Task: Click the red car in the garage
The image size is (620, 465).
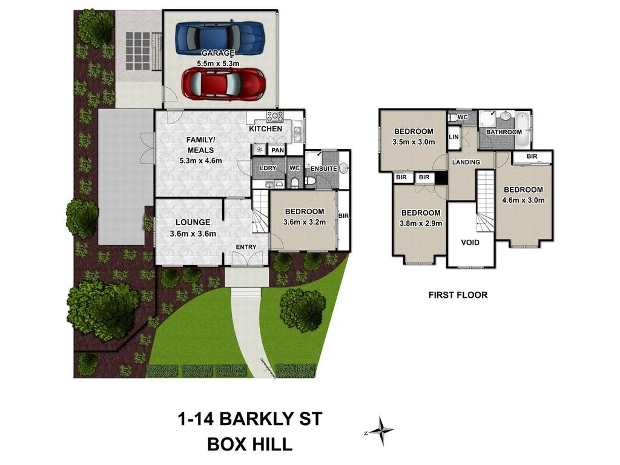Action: [x=223, y=84]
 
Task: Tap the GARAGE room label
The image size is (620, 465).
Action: [x=219, y=53]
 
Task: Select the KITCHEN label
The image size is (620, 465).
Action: [x=265, y=129]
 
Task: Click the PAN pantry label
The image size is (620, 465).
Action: [x=278, y=150]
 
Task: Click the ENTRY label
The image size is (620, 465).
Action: [x=246, y=247]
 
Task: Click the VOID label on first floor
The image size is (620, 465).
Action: [x=470, y=242]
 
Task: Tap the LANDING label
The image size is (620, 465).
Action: [x=466, y=162]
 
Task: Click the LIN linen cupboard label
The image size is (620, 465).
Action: [x=453, y=137]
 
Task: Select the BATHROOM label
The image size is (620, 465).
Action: [x=504, y=132]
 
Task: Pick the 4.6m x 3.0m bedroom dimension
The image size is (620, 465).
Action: [x=524, y=200]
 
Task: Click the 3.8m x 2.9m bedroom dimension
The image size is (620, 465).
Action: [x=420, y=223]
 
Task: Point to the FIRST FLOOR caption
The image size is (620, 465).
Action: [x=458, y=295]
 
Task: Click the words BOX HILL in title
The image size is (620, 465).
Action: [x=250, y=444]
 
